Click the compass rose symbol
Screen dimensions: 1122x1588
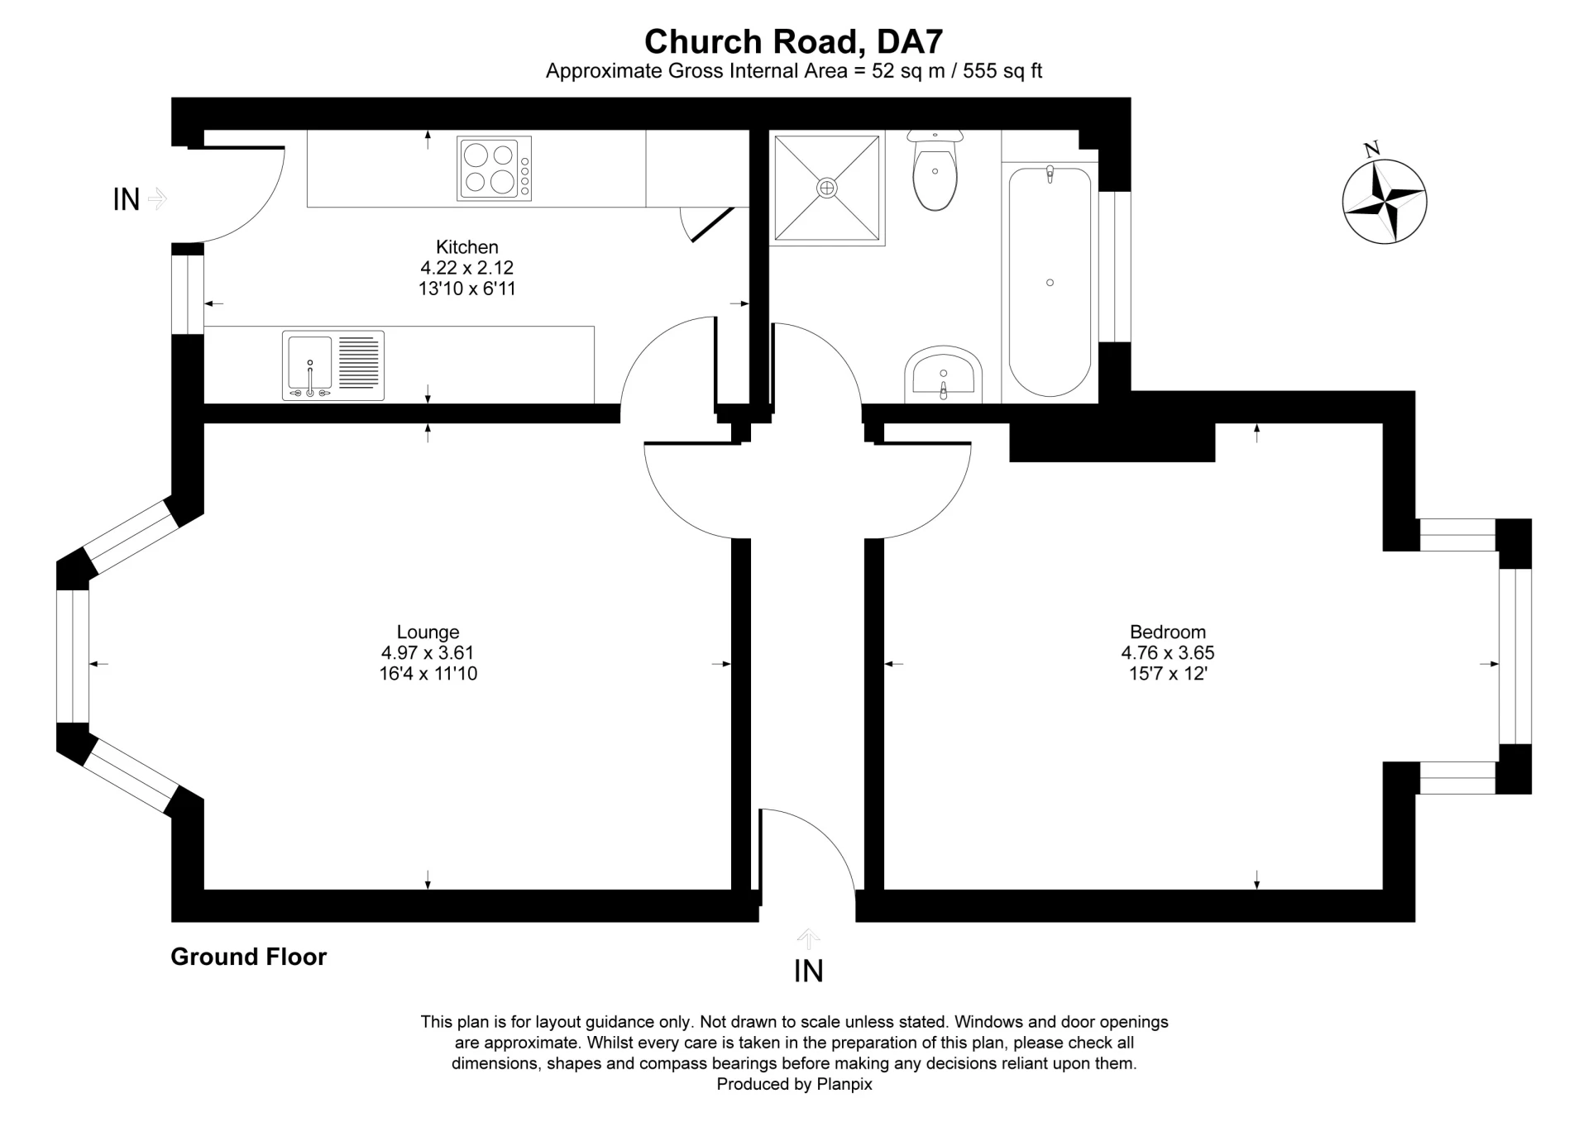pos(1384,201)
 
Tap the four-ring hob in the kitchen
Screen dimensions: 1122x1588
pos(494,169)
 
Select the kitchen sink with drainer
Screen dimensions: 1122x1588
pos(332,365)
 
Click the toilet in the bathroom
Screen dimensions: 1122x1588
pos(935,171)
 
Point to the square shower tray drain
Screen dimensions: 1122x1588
pos(826,189)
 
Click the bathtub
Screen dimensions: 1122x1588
pos(1050,282)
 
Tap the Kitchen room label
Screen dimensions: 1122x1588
pos(466,246)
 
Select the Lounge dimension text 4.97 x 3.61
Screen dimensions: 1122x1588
pos(427,652)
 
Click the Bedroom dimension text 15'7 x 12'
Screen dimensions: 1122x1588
pos(1167,673)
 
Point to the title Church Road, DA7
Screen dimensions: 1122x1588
pos(793,41)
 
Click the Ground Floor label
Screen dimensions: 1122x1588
pos(248,957)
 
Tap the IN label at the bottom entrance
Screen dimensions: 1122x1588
pos(808,971)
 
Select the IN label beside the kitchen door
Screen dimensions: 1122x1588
pos(126,199)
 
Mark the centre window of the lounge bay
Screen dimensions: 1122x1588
pos(73,656)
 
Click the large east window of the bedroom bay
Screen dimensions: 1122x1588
pos(1514,656)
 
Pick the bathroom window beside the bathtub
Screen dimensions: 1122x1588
pos(1114,266)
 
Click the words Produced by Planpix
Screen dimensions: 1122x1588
pos(793,1084)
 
